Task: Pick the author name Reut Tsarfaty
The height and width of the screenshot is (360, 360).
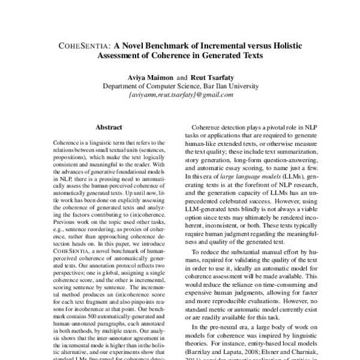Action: tap(211, 77)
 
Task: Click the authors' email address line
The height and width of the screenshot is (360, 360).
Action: tap(180, 94)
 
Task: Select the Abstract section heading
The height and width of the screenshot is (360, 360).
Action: tap(109, 127)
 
